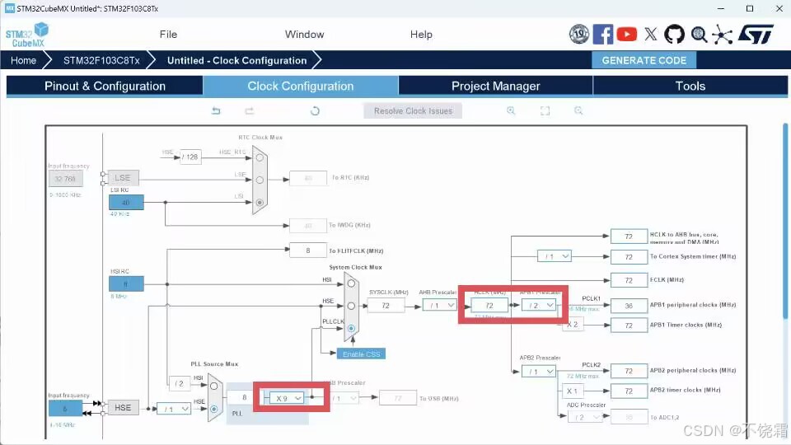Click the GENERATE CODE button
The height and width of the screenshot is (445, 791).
[x=644, y=60]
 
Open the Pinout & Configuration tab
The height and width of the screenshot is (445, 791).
[x=105, y=86]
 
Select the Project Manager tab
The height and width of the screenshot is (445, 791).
[x=495, y=86]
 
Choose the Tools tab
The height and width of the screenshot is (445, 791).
[x=690, y=86]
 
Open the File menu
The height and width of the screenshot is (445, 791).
[x=168, y=35]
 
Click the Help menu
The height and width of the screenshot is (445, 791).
[x=421, y=35]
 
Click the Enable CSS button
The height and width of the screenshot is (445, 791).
[x=360, y=354]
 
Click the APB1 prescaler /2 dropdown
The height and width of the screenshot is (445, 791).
[x=539, y=305]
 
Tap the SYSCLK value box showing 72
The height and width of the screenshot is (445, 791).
[x=383, y=306]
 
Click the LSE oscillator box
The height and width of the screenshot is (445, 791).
[x=123, y=177]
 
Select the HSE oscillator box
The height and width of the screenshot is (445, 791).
[x=123, y=408]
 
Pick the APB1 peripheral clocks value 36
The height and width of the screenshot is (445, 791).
[x=629, y=306]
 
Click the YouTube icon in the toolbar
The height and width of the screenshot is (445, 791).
[x=626, y=34]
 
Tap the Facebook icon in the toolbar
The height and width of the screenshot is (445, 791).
[x=603, y=34]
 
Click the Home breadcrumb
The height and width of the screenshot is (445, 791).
[x=24, y=60]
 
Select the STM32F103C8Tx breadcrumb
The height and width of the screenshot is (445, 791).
[x=102, y=60]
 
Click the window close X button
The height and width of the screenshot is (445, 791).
[x=774, y=8]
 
